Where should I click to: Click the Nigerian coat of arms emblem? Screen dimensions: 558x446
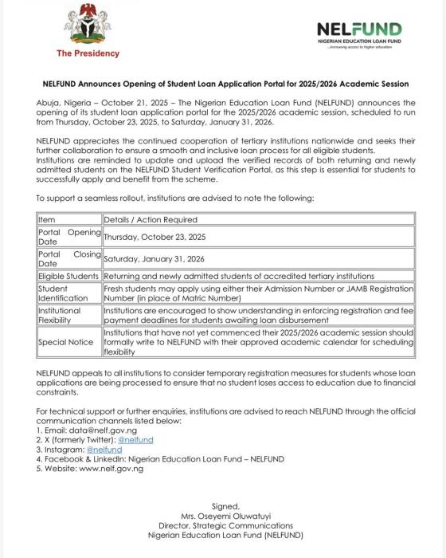point(87,26)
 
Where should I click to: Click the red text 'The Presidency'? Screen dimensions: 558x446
point(88,53)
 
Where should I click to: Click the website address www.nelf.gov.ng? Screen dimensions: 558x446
point(113,468)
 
